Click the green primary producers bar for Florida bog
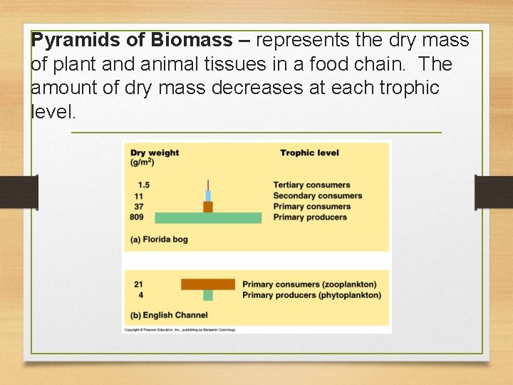[208, 217]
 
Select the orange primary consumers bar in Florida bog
[208, 207]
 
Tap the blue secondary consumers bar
[208, 196]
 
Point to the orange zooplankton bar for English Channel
[208, 284]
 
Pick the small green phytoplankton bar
[208, 295]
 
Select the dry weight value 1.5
[144, 185]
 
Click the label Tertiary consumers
[311, 185]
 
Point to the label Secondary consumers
[317, 196]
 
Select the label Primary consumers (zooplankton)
[309, 284]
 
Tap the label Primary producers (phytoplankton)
[311, 295]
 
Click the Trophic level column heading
[309, 153]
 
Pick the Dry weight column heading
[155, 153]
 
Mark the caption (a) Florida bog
[160, 240]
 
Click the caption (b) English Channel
[170, 315]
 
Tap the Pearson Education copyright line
[180, 329]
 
